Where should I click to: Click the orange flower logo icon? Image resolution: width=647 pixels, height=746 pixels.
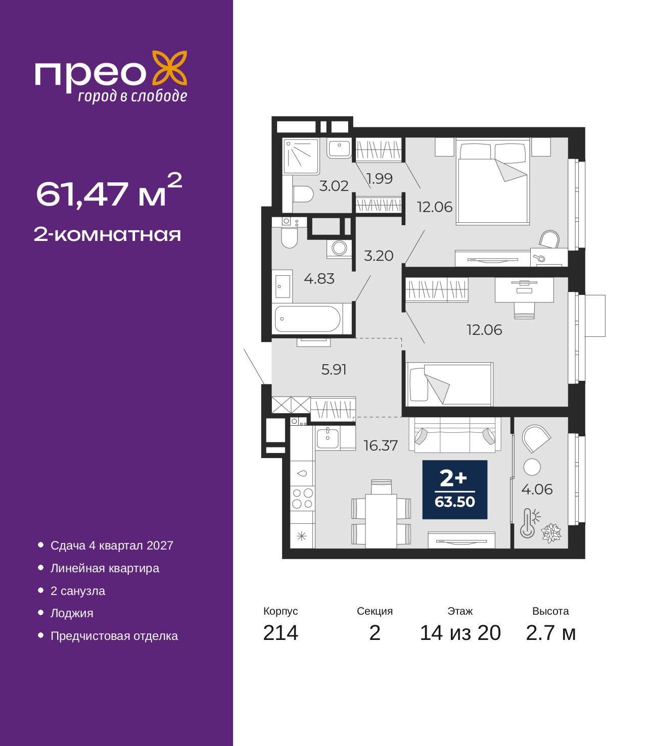pyautogui.click(x=169, y=68)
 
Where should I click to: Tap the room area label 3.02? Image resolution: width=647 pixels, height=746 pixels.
pyautogui.click(x=334, y=186)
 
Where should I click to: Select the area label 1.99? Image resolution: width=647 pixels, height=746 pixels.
pyautogui.click(x=379, y=178)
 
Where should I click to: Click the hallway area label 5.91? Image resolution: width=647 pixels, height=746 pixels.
pyautogui.click(x=334, y=370)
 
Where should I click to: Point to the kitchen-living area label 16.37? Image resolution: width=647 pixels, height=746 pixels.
pyautogui.click(x=381, y=445)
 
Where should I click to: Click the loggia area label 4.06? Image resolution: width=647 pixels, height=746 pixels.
pyautogui.click(x=537, y=489)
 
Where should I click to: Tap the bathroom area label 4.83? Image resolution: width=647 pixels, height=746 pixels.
pyautogui.click(x=319, y=279)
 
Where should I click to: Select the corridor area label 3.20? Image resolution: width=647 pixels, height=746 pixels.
pyautogui.click(x=378, y=256)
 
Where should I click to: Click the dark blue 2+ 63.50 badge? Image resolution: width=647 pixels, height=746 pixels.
pyautogui.click(x=455, y=489)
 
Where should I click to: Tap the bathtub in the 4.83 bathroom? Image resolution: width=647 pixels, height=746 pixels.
pyautogui.click(x=307, y=319)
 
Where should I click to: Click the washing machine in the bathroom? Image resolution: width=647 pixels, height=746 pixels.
pyautogui.click(x=339, y=248)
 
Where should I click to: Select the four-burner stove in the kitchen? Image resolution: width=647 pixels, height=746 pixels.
pyautogui.click(x=302, y=499)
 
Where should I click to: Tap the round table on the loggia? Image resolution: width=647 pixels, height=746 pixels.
pyautogui.click(x=532, y=467)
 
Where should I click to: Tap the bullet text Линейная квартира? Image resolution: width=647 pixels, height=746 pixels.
pyautogui.click(x=105, y=568)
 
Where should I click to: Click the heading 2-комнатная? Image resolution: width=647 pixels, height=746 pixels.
pyautogui.click(x=107, y=234)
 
